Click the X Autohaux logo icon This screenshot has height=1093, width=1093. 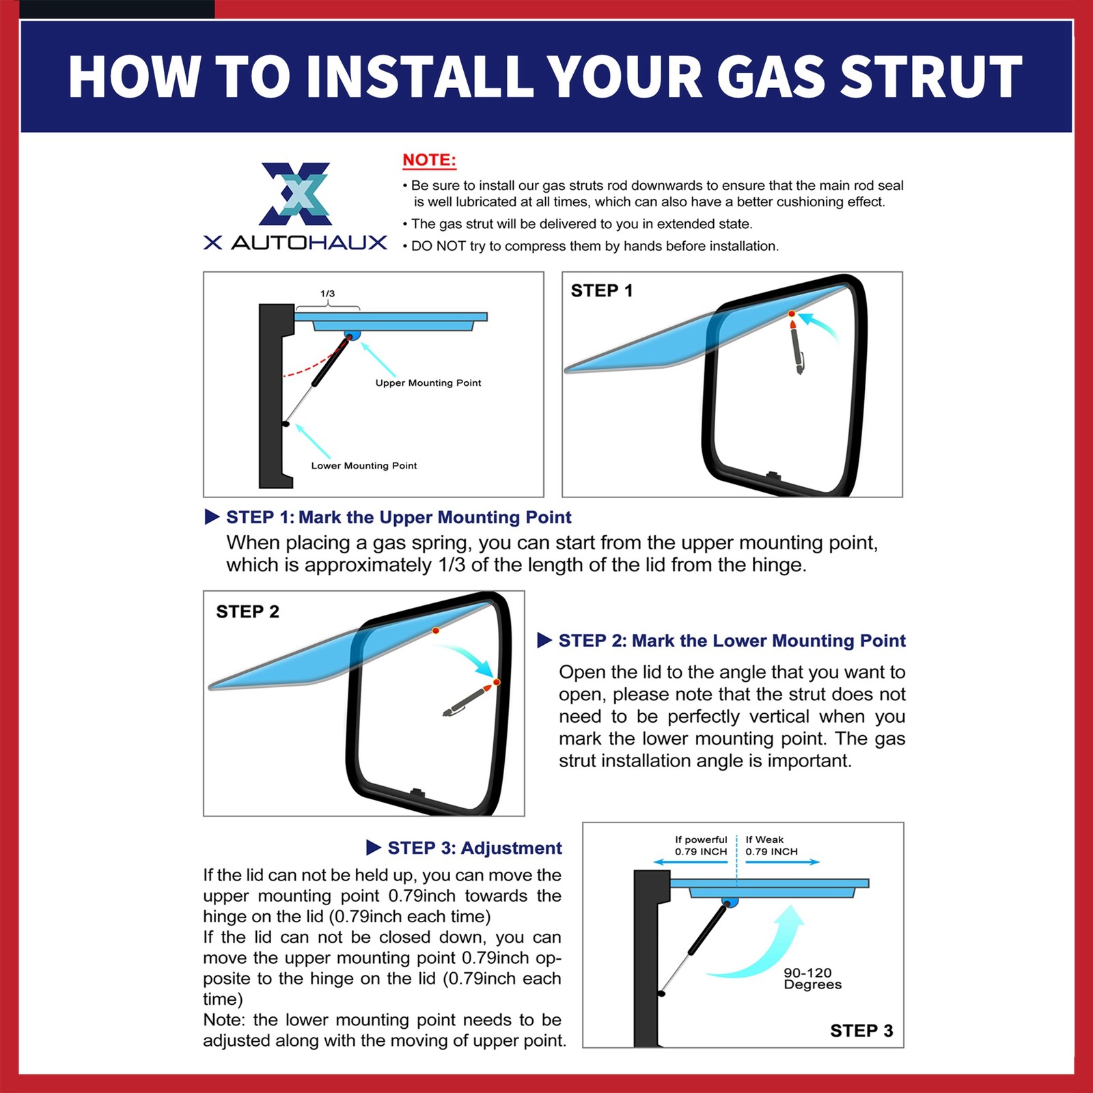296,194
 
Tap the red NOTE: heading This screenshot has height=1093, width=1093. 429,161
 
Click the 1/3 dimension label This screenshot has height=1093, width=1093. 328,294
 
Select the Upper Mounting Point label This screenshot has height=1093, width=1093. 428,383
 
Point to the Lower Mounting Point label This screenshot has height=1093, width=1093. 364,466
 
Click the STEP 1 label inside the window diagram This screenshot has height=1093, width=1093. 602,291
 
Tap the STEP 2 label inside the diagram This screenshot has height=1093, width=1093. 248,611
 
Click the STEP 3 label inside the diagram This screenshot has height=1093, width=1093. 861,1031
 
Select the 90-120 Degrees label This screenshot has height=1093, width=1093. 812,978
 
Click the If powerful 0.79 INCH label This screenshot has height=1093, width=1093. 701,846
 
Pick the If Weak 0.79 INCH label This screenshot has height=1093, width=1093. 772,846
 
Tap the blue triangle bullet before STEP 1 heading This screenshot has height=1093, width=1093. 212,517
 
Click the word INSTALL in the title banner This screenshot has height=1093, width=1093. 419,76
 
